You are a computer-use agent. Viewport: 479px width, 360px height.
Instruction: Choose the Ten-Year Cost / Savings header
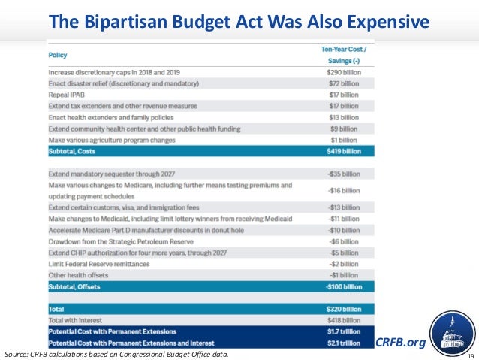coord(343,53)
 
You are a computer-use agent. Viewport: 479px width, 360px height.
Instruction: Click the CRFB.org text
coord(400,343)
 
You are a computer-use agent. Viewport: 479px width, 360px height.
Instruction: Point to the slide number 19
coord(471,355)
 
